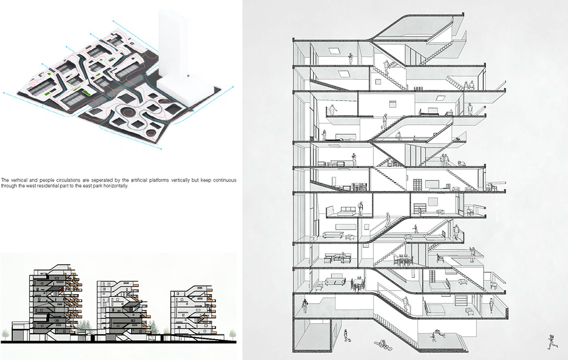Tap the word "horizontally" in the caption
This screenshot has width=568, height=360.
coord(116,186)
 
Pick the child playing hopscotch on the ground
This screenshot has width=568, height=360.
coord(382,344)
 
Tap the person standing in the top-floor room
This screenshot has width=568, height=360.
coord(351,59)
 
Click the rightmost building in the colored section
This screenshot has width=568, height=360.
coord(192,310)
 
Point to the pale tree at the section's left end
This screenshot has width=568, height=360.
coord(5,334)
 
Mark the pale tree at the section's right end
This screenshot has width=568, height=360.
coord(232,332)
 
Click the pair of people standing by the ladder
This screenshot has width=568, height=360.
coord(469,86)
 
